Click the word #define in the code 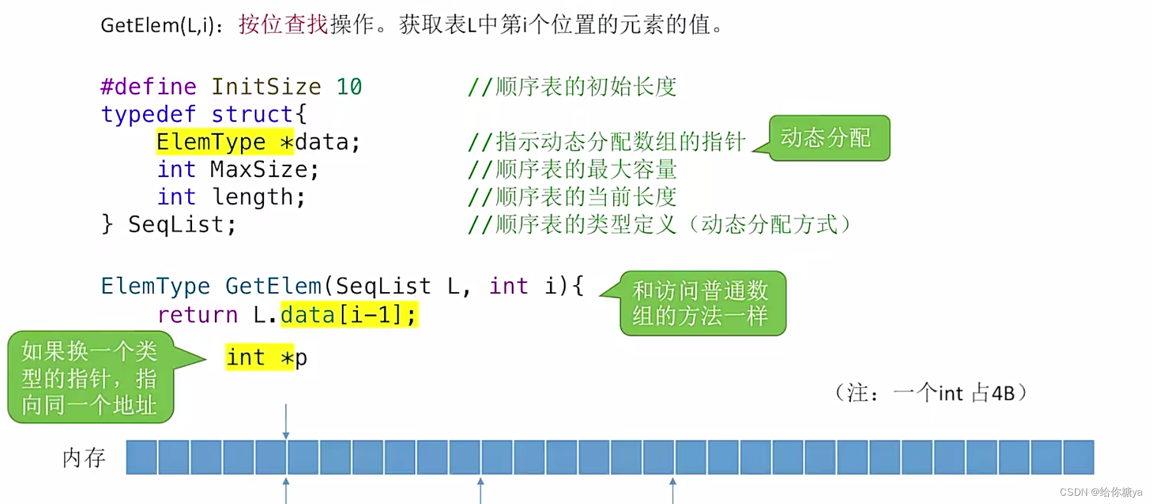point(148,87)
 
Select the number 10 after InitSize point(349,87)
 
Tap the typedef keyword point(148,115)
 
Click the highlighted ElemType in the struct point(210,142)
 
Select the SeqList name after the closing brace point(182,225)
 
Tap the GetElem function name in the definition point(273,286)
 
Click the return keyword point(197,314)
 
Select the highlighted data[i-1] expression point(348,314)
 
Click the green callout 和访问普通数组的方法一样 point(702,303)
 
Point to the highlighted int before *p point(245,358)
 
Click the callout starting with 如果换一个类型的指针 point(90,377)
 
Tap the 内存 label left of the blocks point(84,458)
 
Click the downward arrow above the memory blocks point(286,421)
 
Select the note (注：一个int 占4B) point(930,393)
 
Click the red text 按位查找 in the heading point(283,25)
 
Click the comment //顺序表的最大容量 point(572,169)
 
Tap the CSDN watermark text point(1101,493)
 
